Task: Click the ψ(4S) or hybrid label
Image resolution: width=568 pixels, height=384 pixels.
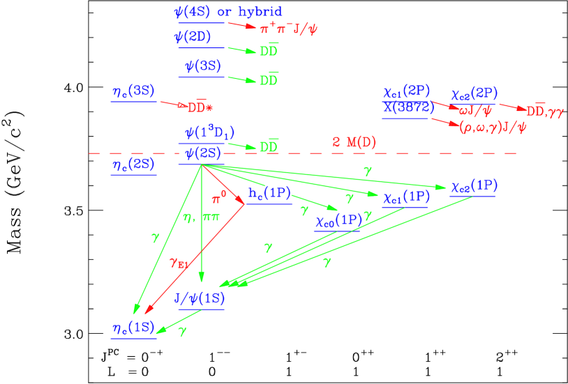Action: pos(228,13)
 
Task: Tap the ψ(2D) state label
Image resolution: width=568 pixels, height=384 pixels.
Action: pos(193,38)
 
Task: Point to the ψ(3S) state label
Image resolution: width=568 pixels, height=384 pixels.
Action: pos(203,67)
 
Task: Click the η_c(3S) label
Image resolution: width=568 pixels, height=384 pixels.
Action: pos(133,91)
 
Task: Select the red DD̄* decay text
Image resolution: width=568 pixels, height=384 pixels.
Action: pos(200,107)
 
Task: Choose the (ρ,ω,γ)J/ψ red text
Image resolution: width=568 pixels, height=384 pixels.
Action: pos(493,127)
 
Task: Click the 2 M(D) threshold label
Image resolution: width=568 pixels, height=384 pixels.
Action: pos(354,143)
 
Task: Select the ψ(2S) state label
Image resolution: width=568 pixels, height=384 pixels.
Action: pos(203,153)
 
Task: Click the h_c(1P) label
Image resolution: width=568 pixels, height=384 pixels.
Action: pos(269,194)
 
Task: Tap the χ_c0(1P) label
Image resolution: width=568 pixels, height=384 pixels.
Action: pos(338,221)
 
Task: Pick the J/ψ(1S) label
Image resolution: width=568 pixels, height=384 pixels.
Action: pos(200,299)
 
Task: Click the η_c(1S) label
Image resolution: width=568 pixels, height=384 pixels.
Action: pos(133,328)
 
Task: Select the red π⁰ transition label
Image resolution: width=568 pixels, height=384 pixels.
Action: pos(219,199)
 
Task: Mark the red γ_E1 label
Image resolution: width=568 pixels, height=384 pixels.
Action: pos(179,263)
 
